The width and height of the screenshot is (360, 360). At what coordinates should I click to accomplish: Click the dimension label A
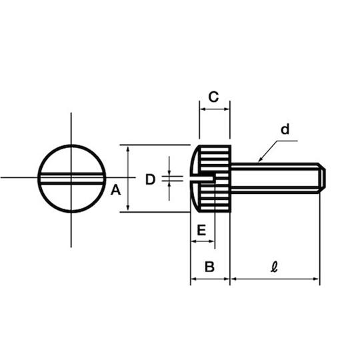[115, 190]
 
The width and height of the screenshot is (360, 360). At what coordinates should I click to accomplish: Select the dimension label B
[209, 267]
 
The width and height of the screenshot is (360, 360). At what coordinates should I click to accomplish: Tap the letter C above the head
[213, 97]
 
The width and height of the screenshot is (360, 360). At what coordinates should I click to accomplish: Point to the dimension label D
[151, 179]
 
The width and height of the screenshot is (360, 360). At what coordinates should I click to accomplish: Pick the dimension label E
[201, 230]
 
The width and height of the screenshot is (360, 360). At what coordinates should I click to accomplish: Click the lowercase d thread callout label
[285, 129]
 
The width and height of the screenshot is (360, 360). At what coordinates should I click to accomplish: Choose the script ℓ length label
[274, 267]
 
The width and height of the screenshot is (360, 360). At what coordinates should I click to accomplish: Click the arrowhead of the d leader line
[260, 160]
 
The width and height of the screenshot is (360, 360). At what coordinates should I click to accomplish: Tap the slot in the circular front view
[71, 179]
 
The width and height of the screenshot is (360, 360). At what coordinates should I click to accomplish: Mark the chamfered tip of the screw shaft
[322, 178]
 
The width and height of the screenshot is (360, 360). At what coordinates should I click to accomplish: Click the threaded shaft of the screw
[275, 178]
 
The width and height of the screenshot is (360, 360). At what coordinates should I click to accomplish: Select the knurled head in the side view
[211, 179]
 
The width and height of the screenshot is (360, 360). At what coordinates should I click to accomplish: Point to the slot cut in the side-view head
[203, 179]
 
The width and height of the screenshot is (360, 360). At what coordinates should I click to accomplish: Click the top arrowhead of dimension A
[128, 148]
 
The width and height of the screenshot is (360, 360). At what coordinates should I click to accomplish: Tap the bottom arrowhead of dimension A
[128, 209]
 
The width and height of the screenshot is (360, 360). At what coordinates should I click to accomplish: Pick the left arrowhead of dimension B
[194, 279]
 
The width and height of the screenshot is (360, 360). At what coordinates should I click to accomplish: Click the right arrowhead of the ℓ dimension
[317, 279]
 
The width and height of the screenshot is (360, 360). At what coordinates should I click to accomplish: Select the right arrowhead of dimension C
[227, 109]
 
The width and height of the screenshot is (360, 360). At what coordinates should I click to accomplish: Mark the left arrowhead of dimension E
[194, 241]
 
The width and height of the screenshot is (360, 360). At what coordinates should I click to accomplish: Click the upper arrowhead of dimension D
[169, 173]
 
